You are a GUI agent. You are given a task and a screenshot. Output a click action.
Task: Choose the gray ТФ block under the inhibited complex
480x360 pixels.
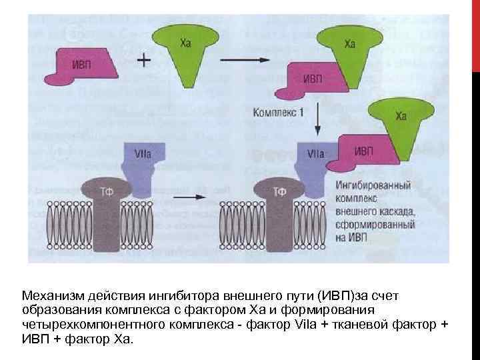pyautogui.click(x=280, y=213)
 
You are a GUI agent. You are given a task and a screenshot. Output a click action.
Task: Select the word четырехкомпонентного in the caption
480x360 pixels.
pyautogui.click(x=82, y=324)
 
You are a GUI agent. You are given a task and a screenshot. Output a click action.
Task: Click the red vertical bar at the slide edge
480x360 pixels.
pyautogui.click(x=475, y=33)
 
